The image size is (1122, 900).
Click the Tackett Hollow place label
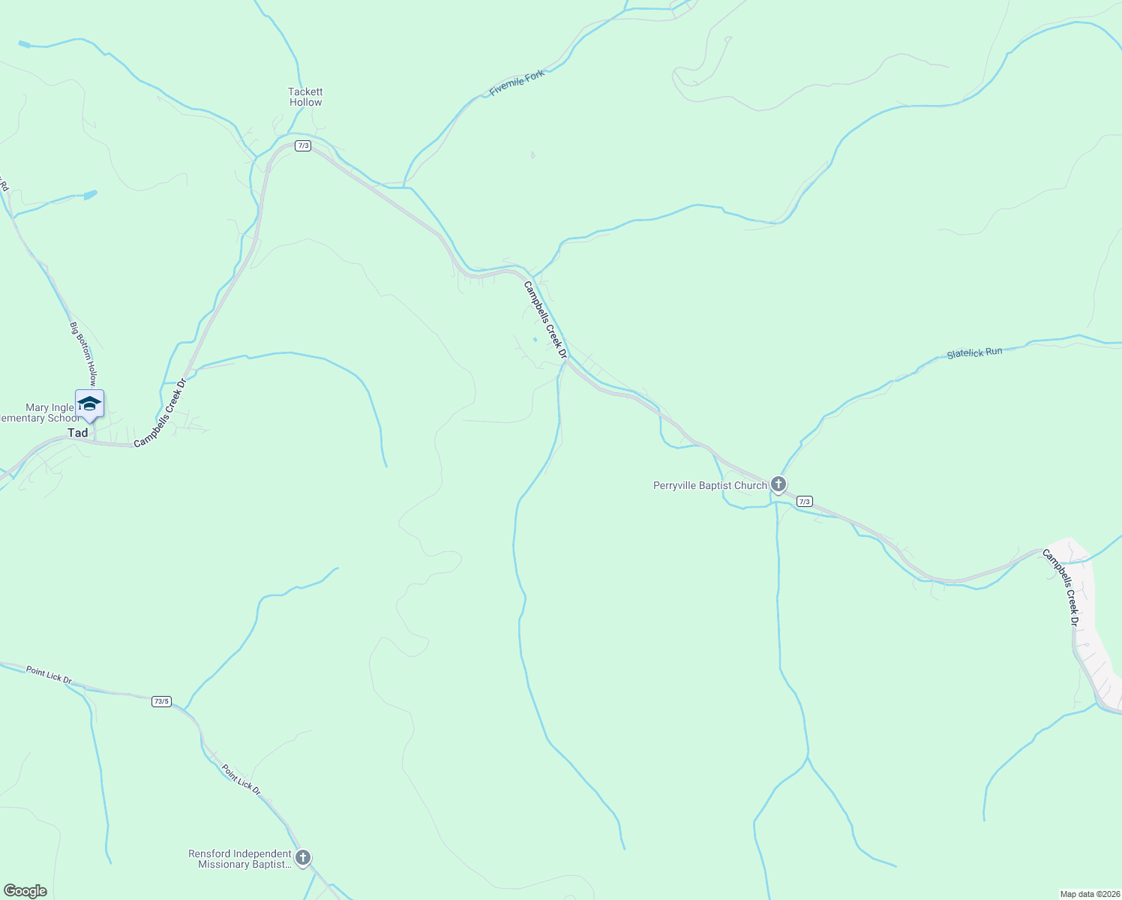tap(305, 97)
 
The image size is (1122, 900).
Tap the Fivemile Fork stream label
tap(517, 82)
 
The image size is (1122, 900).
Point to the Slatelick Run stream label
tap(974, 352)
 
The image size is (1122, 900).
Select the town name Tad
tap(78, 433)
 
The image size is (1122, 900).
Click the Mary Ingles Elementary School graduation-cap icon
tap(89, 403)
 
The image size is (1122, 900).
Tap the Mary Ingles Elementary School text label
tap(40, 413)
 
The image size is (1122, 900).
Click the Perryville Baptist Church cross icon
tap(778, 484)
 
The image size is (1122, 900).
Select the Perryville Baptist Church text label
tap(709, 485)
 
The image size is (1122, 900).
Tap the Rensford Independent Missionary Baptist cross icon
tap(303, 857)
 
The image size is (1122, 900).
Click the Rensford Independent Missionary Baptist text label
tap(240, 859)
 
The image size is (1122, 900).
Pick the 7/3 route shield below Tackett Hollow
tap(303, 145)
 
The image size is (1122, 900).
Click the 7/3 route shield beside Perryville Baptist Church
tap(804, 501)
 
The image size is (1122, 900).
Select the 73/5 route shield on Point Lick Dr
tap(161, 701)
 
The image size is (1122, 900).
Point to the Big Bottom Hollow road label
tap(82, 353)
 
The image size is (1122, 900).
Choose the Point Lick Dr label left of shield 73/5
tap(49, 674)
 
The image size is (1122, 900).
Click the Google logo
tap(25, 891)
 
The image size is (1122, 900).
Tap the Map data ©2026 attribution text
tap(1088, 894)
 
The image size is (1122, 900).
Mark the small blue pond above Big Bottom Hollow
tap(90, 195)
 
